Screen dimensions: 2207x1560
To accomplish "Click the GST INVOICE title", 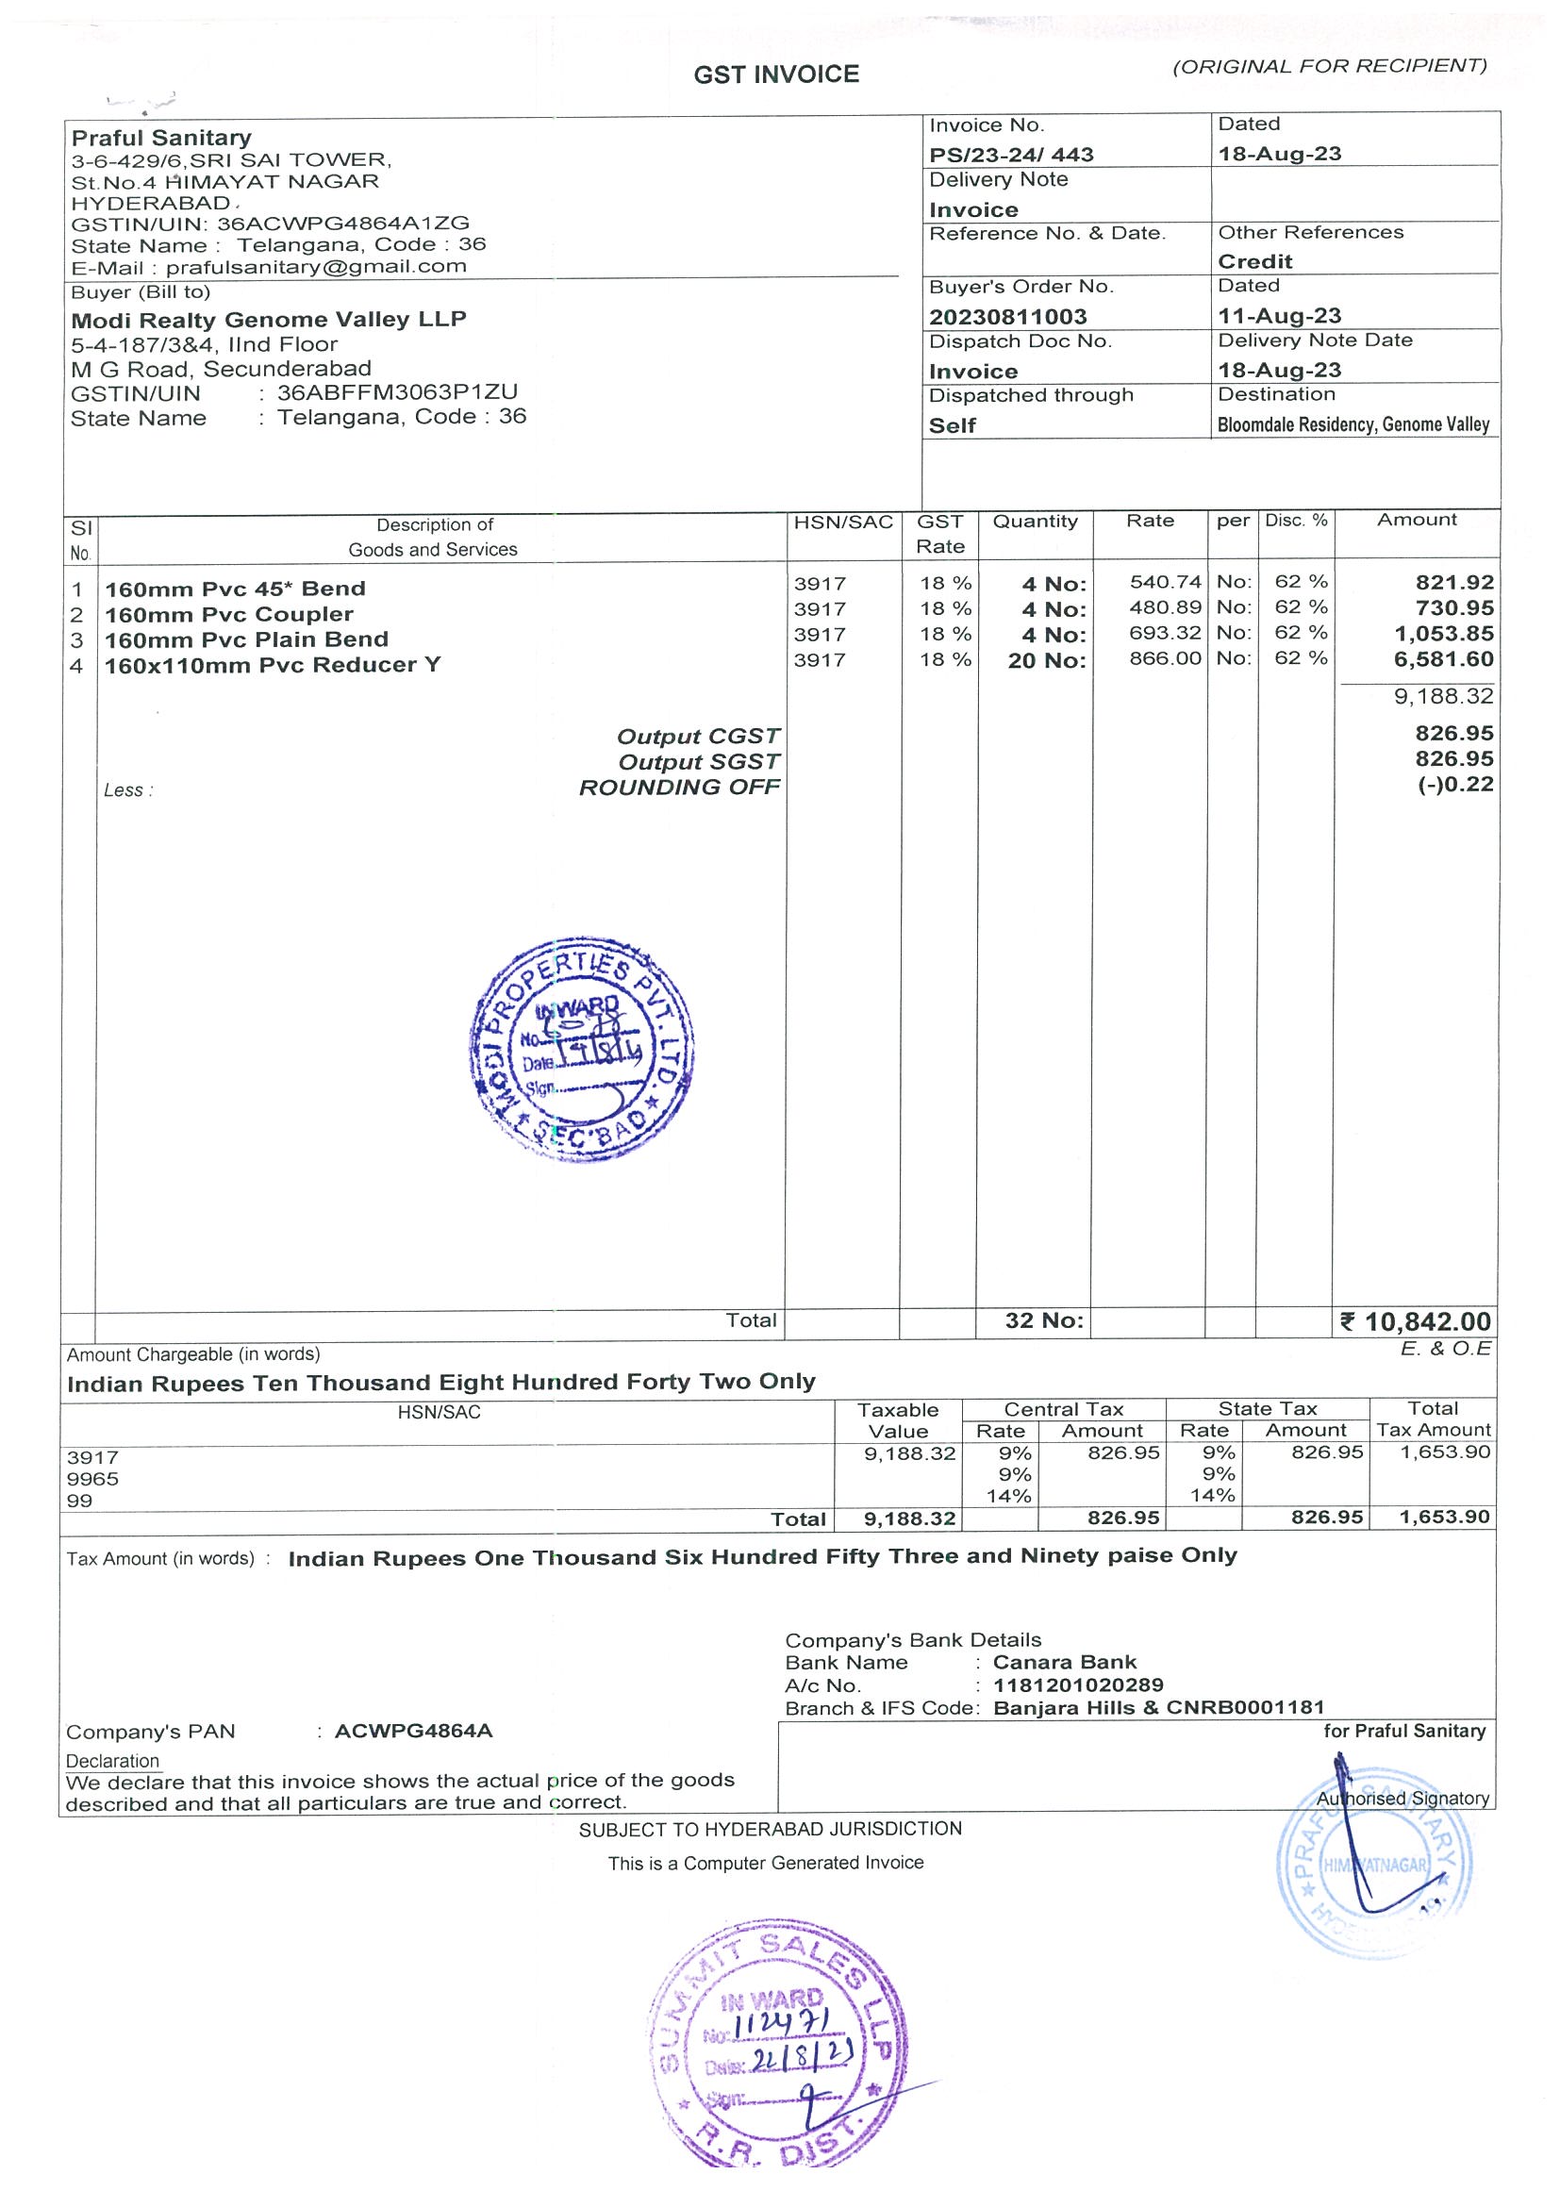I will click(775, 75).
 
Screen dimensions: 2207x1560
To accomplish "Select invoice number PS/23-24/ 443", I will click(1010, 155).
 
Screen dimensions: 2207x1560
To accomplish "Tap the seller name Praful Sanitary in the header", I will click(161, 138).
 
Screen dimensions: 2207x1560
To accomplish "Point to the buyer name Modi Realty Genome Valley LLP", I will click(268, 320).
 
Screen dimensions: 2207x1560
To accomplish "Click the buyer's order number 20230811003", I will click(1007, 316).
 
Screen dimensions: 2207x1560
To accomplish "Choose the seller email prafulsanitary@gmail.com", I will click(316, 267).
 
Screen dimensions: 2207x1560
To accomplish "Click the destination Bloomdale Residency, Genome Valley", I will click(1353, 424).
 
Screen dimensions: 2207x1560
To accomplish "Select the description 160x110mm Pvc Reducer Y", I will click(273, 665).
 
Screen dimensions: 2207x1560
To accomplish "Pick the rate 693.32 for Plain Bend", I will click(1165, 634).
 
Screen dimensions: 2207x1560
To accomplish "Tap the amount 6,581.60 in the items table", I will click(1444, 659).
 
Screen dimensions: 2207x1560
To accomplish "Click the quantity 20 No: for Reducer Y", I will click(1047, 660).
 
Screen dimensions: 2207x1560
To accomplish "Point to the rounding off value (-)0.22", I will click(1455, 785).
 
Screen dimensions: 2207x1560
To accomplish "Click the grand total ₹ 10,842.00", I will click(1416, 1321).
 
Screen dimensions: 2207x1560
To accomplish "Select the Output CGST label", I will click(698, 737).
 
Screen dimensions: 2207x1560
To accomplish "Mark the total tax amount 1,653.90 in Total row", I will click(1445, 1517).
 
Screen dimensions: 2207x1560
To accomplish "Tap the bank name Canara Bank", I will click(1064, 1662).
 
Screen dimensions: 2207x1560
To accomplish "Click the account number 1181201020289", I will click(1077, 1685).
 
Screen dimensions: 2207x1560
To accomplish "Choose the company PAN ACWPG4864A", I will click(413, 1732).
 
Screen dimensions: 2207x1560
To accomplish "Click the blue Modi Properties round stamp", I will click(581, 1049).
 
